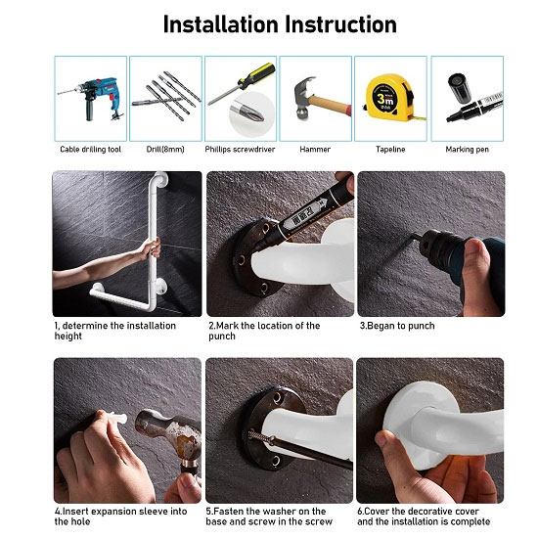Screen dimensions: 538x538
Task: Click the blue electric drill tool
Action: (x=92, y=99)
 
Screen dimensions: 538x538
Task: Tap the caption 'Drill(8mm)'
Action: (x=165, y=150)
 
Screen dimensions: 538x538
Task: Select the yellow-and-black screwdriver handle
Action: (x=257, y=76)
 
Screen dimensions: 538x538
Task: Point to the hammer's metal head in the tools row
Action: (x=304, y=98)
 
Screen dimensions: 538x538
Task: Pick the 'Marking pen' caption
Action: (x=467, y=150)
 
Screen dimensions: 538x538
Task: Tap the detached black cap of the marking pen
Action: (x=459, y=88)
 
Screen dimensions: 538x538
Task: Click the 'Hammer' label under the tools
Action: (x=315, y=150)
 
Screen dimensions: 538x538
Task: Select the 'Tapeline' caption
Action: (x=390, y=150)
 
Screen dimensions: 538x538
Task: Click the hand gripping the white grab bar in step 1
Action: (x=151, y=248)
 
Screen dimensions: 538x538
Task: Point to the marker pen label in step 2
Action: (x=304, y=215)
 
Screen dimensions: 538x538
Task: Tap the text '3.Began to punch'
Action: (x=397, y=326)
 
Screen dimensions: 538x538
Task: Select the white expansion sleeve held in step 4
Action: (x=116, y=419)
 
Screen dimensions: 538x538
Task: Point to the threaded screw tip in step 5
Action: (x=260, y=436)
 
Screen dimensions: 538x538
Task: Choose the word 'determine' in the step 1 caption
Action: (x=85, y=326)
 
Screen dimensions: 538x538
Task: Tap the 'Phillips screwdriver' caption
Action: (x=240, y=150)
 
